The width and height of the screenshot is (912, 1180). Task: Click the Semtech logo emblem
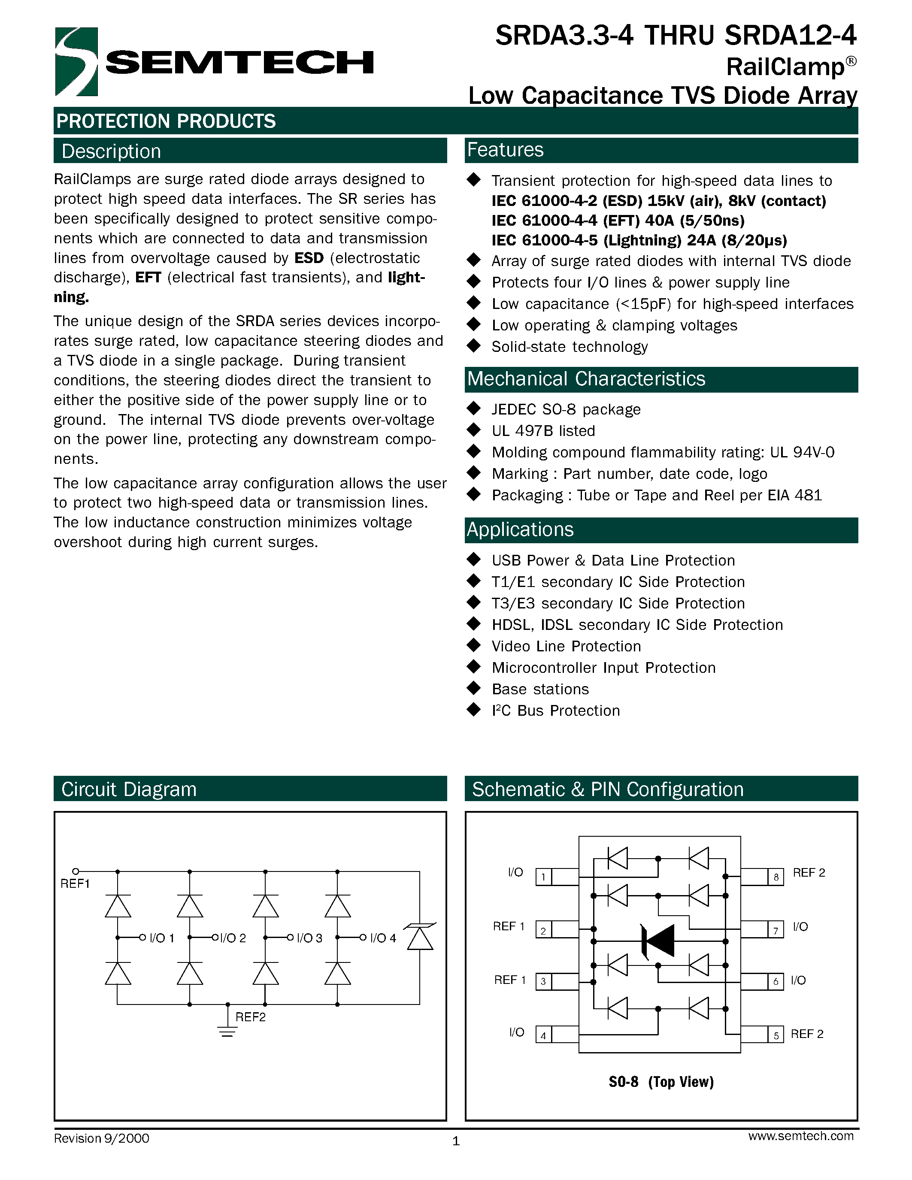click(76, 62)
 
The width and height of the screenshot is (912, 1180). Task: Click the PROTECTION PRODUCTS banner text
click(166, 121)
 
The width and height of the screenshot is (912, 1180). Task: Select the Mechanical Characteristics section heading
click(586, 379)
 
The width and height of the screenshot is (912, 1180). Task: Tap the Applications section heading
click(520, 529)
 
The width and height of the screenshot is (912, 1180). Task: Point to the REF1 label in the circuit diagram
click(75, 883)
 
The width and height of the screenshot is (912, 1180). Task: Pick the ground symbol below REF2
click(227, 1032)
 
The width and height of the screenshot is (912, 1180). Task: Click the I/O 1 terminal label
click(161, 938)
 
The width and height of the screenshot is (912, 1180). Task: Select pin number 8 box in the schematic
click(776, 876)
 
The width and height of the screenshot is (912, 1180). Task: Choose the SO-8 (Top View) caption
click(661, 1082)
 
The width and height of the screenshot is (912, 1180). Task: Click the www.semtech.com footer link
click(801, 1136)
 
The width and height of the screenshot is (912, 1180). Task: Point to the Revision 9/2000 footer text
click(102, 1138)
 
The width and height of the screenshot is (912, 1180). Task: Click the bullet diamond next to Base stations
click(474, 688)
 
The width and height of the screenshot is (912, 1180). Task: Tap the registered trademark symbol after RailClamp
click(851, 61)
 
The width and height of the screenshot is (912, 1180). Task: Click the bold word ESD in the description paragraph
click(309, 258)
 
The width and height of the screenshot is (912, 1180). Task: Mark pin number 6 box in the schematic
click(776, 981)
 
